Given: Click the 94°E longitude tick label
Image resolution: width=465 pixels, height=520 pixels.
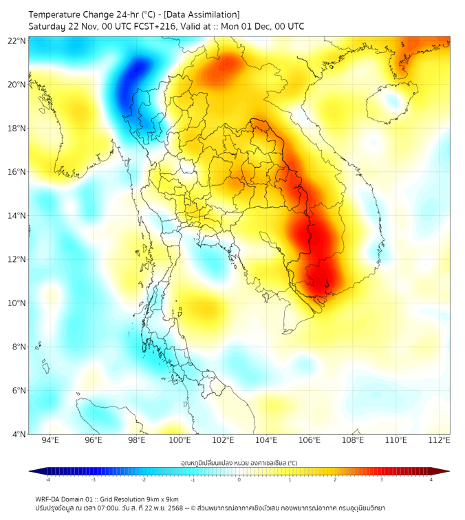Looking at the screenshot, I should click(50, 441).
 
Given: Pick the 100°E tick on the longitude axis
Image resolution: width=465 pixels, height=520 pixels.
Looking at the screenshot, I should click(180, 441).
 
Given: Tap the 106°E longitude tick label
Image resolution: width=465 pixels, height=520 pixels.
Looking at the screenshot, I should click(310, 441).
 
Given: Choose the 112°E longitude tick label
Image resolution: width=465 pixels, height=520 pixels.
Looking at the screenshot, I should click(439, 441).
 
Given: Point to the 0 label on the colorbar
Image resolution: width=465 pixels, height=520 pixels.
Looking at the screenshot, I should click(239, 480).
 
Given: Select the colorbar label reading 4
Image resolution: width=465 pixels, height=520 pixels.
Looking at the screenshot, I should click(431, 480).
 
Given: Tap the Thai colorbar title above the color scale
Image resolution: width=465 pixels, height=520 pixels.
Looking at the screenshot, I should click(239, 462).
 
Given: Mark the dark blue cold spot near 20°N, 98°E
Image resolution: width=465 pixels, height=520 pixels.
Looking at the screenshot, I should click(136, 77).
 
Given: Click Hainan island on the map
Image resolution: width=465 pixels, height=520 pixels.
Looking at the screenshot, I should click(387, 103).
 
